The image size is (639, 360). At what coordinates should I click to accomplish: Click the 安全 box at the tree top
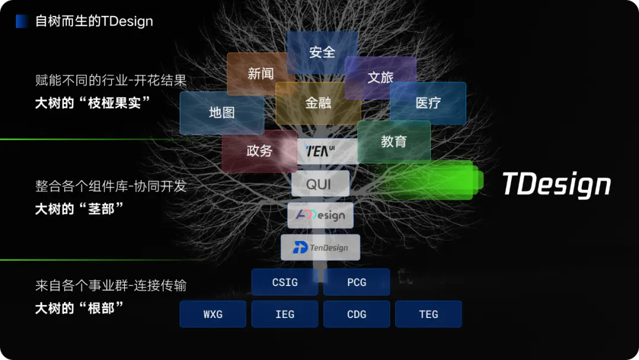click(322, 52)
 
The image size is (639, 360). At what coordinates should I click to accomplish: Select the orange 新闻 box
click(260, 73)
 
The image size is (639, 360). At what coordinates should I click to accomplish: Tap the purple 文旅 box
click(380, 77)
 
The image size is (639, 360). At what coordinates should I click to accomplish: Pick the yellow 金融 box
click(318, 103)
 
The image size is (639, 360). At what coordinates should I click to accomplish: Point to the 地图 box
click(222, 112)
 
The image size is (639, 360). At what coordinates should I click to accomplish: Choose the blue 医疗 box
click(428, 103)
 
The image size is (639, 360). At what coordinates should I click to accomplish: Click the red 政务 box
click(259, 151)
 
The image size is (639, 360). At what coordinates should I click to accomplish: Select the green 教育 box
click(394, 142)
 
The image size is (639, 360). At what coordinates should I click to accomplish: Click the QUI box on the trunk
click(320, 184)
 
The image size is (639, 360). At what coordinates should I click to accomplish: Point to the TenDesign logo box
click(320, 247)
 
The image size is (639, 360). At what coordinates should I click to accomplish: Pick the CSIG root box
click(285, 282)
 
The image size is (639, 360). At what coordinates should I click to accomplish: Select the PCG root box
click(357, 282)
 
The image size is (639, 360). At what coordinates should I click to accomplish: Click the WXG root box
click(213, 314)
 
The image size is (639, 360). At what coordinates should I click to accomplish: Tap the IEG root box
click(285, 314)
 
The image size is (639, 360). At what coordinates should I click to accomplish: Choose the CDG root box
click(357, 314)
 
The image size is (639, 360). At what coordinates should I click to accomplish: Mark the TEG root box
click(428, 314)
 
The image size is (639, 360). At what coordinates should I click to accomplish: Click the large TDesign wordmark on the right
click(556, 184)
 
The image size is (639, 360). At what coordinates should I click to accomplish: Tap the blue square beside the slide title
click(22, 21)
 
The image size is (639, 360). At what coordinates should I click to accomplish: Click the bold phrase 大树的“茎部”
click(80, 208)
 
